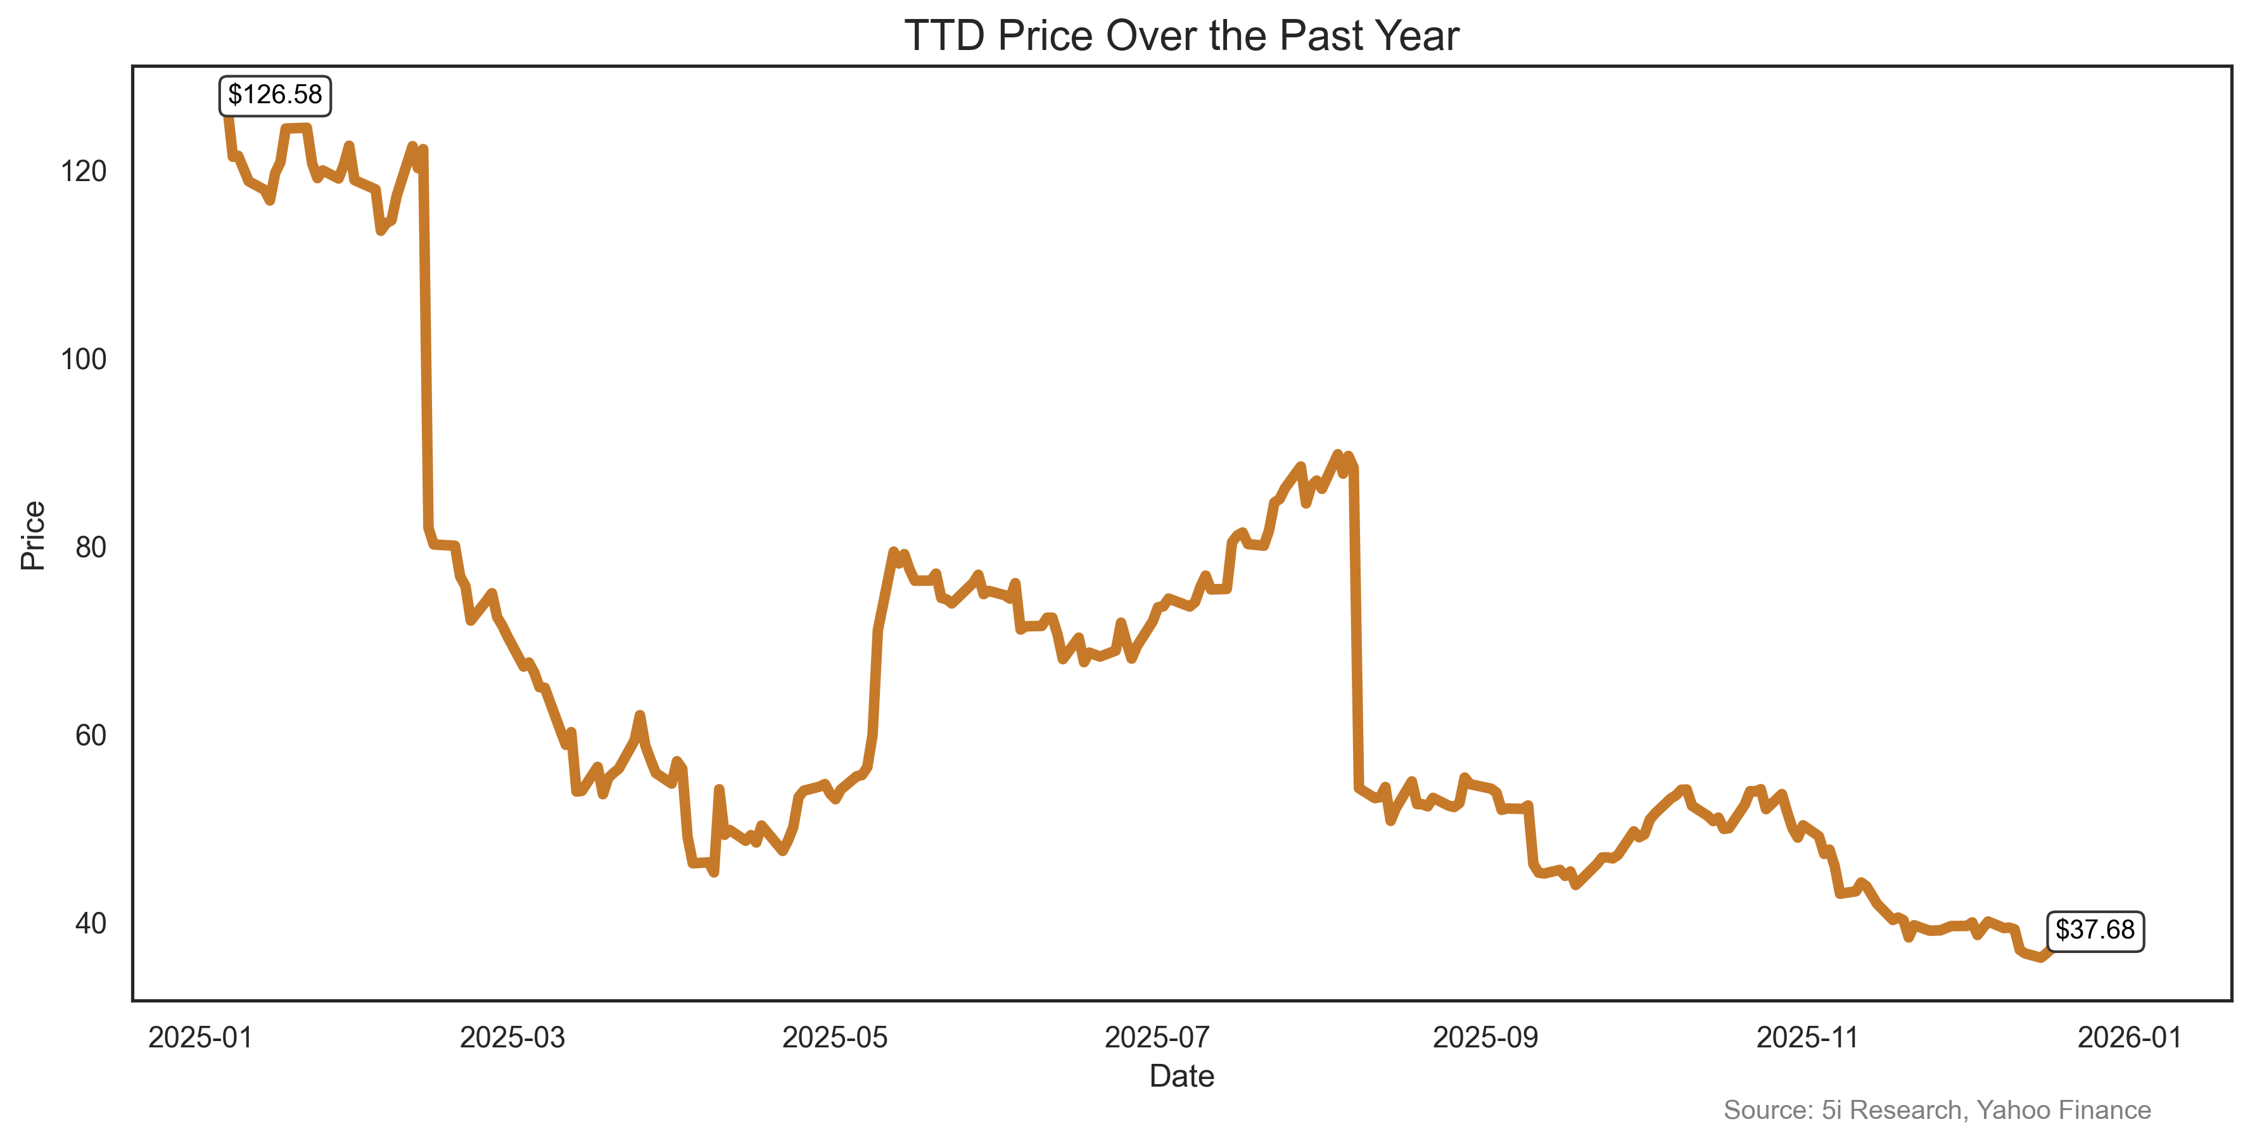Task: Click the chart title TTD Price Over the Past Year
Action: point(1181,37)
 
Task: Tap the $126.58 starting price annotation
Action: point(275,94)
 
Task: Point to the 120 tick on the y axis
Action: point(84,171)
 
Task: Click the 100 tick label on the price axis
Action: point(84,359)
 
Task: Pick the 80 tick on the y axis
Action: point(90,548)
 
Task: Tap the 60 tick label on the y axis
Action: point(90,735)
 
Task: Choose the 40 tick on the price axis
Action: point(90,924)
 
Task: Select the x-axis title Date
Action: point(1181,1076)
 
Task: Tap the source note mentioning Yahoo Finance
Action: point(1936,1110)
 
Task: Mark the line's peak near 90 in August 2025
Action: point(1337,455)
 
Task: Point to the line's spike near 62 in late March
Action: point(639,716)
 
